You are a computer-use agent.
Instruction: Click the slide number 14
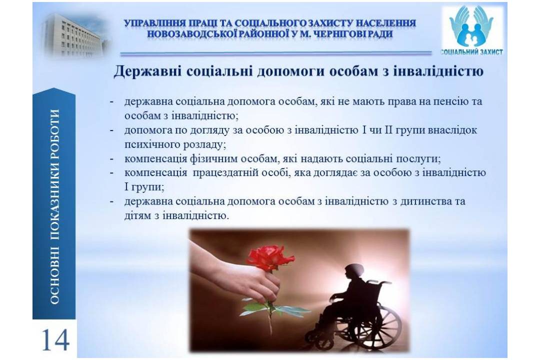pos(55,339)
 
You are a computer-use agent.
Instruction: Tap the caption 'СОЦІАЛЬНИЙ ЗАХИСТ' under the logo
pos(471,52)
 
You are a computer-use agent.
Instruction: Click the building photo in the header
pos(74,34)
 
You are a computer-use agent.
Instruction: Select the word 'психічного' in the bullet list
pos(148,144)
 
